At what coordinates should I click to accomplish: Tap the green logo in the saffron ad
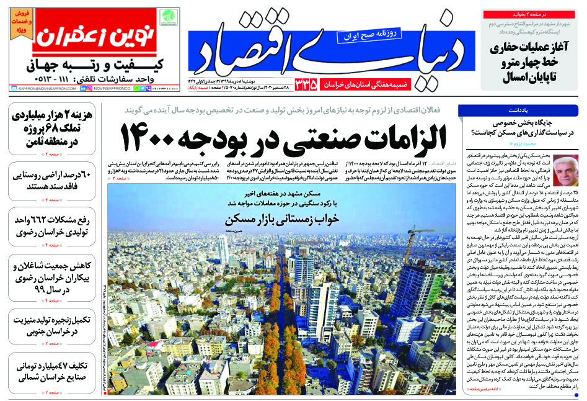coord(168,18)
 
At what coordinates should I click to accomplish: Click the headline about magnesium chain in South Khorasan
coord(50,324)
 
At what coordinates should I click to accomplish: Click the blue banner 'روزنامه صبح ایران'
coord(366,35)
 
